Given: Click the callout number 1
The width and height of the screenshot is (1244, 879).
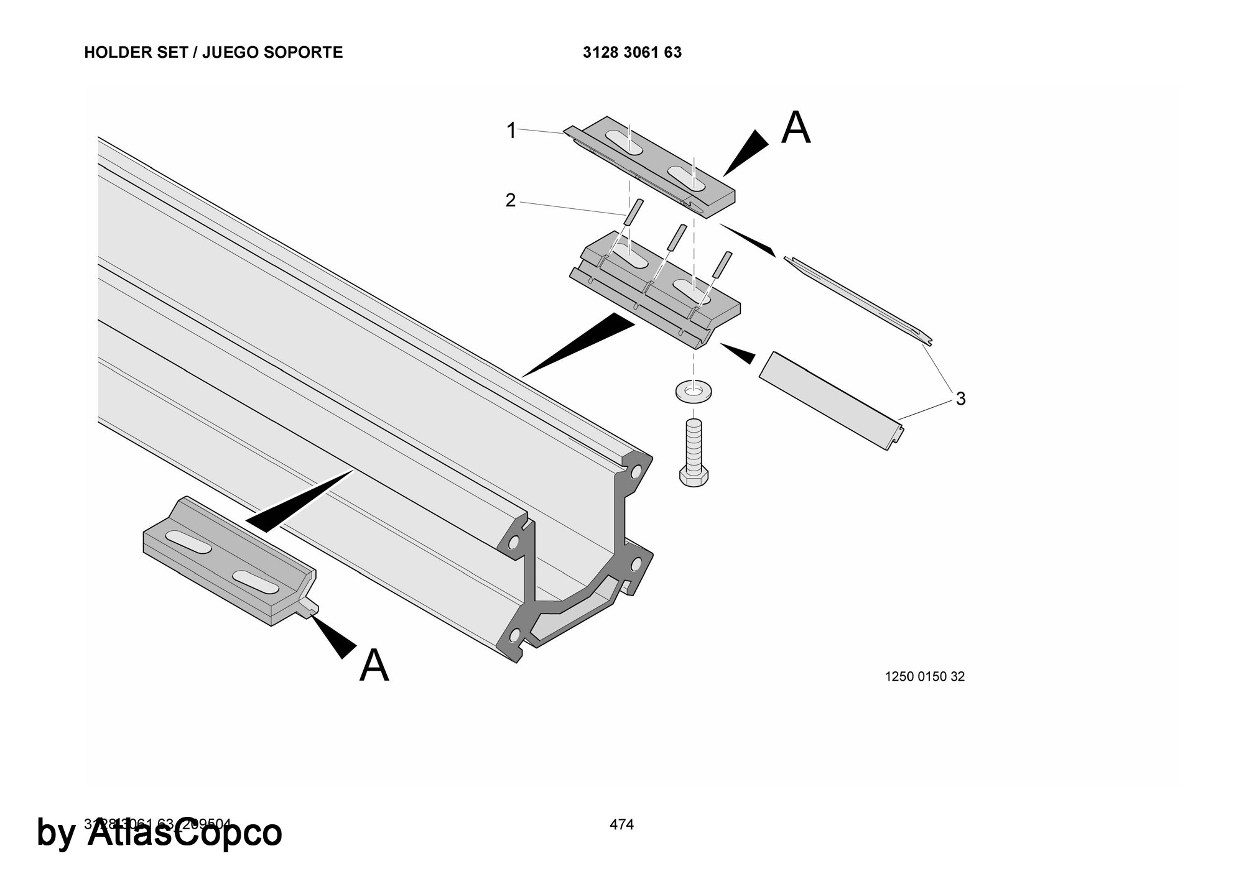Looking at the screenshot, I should pos(511,131).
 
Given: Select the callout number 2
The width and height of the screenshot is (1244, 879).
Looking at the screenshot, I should pos(510,201).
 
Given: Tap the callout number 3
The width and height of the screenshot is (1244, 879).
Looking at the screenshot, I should pos(960,398).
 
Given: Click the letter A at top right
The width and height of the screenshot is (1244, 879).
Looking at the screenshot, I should pos(796,128).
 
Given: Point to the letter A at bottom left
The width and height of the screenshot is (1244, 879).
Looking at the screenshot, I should pos(374,665).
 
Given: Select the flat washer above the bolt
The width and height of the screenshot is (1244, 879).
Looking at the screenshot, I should pos(694,392).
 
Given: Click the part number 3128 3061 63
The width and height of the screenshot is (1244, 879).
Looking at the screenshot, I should pos(632,52).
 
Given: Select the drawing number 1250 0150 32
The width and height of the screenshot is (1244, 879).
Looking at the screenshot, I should pos(924,676).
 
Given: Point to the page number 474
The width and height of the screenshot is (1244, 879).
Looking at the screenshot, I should pos(621,824).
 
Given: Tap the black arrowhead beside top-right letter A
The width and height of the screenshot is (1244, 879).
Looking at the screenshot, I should pos(744,153).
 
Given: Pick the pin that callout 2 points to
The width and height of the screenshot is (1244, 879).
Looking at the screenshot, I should pos(631,214).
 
